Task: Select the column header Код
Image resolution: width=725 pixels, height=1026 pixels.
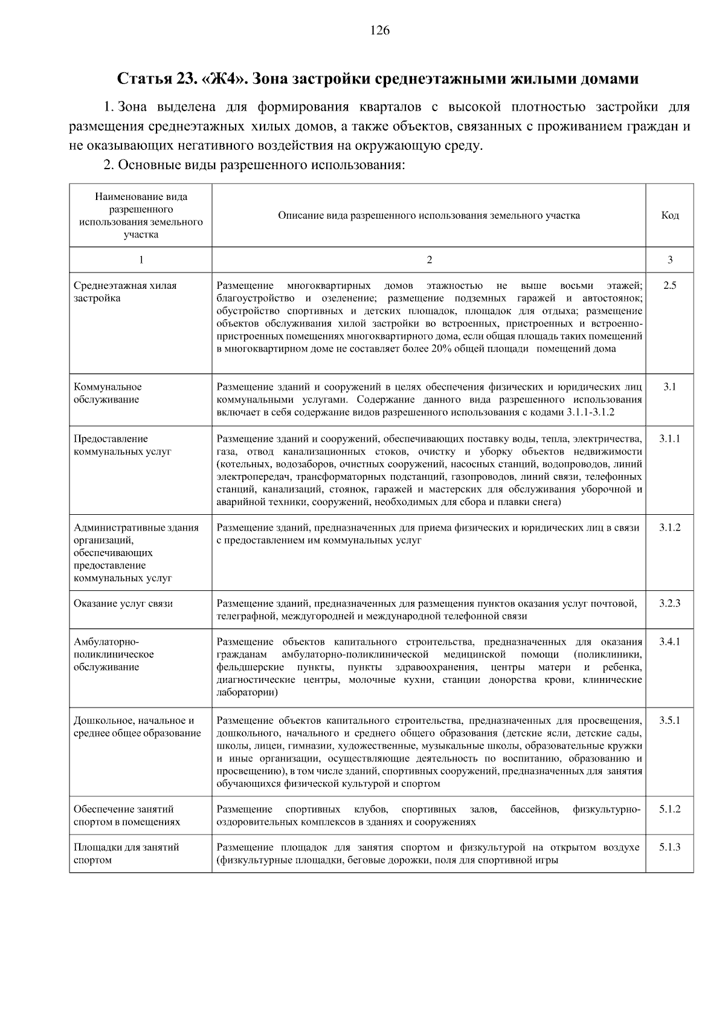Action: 669,216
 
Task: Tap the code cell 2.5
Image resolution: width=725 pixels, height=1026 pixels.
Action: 669,286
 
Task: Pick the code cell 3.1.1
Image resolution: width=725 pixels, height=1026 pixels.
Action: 669,439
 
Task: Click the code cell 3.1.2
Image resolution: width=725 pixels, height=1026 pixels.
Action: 669,528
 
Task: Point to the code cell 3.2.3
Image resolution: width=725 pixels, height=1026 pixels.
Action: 669,604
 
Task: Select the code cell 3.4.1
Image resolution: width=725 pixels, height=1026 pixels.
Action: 669,642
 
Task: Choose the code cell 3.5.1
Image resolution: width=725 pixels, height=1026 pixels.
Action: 669,721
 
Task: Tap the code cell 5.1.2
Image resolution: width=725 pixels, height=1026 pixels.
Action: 669,809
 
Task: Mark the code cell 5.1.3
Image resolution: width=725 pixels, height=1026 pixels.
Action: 669,847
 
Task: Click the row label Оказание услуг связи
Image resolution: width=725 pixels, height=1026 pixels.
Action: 123,604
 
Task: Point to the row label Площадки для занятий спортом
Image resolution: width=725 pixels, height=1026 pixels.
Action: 126,853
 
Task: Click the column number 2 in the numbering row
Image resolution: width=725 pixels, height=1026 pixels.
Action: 429,260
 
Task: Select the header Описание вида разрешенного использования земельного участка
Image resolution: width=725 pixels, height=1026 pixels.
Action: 429,216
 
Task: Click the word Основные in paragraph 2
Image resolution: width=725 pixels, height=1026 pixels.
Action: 144,165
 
